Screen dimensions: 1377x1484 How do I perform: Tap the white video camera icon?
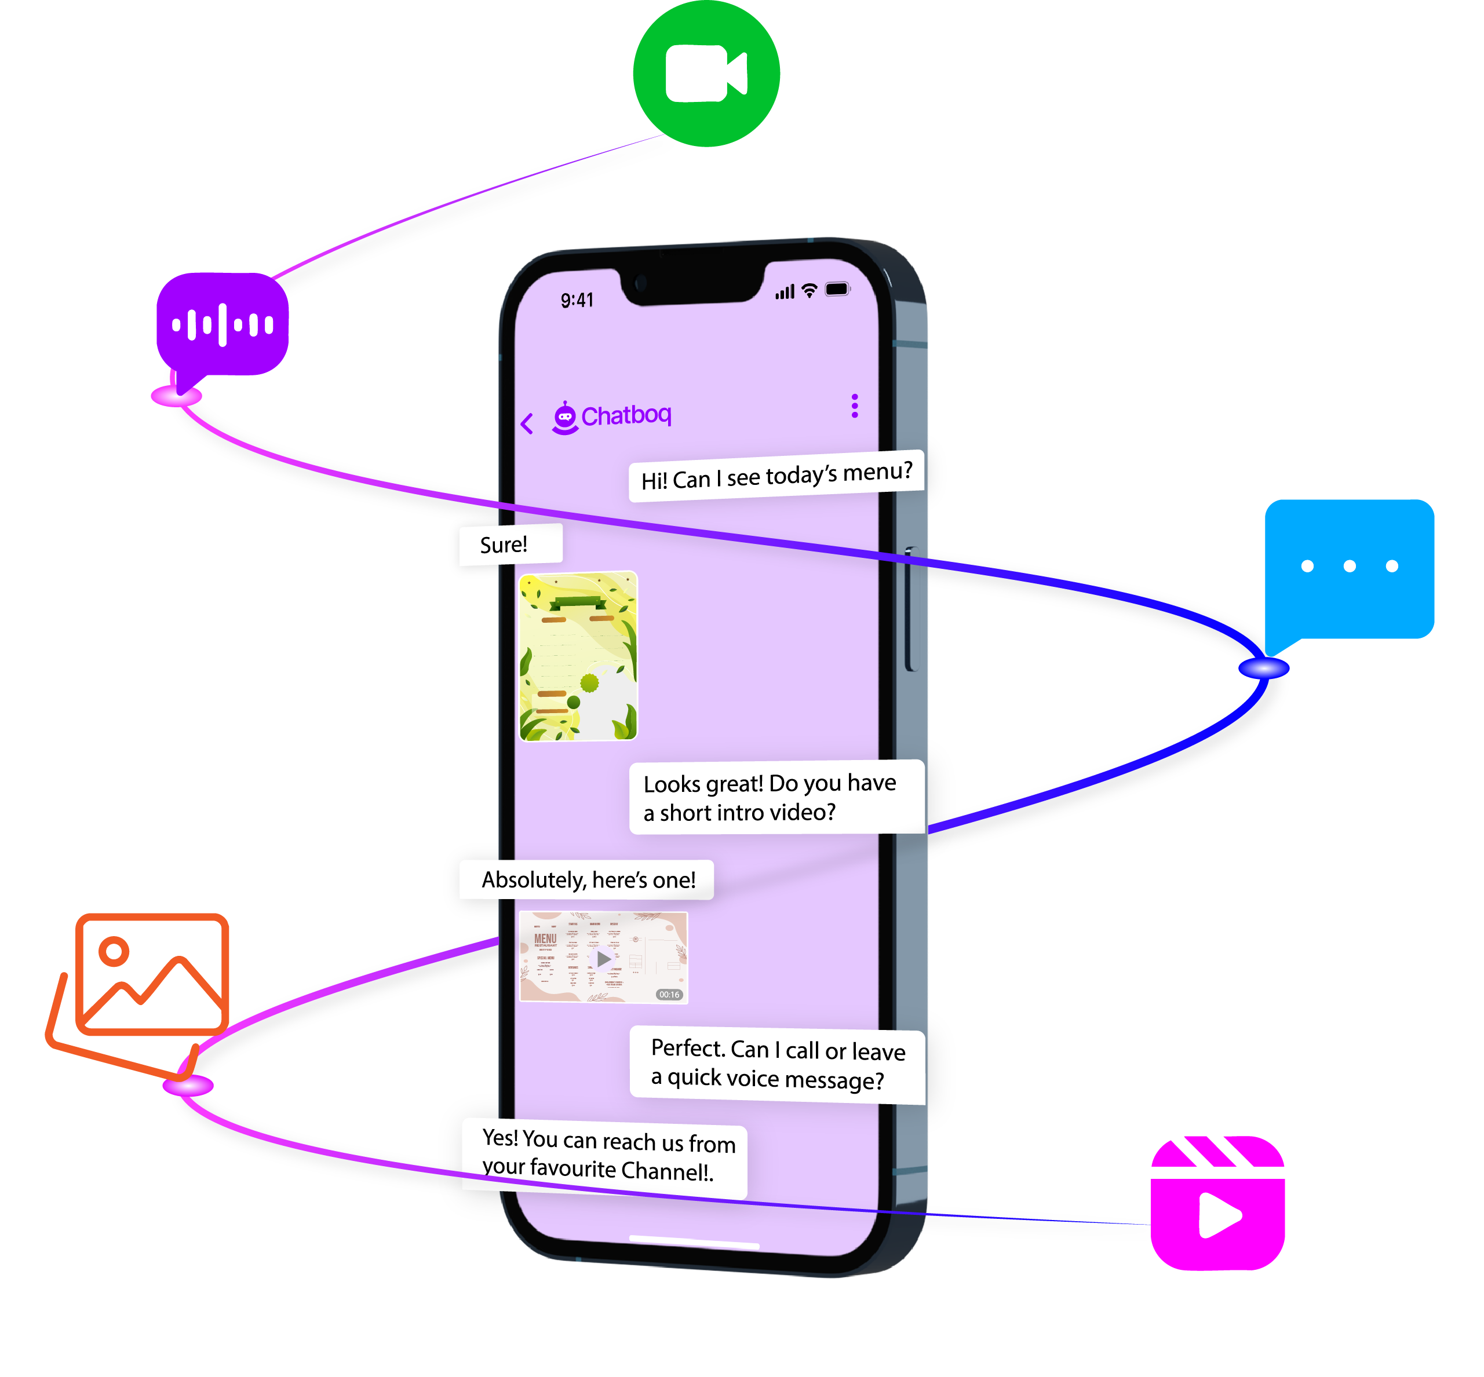705,73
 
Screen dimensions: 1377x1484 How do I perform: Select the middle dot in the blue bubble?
1349,567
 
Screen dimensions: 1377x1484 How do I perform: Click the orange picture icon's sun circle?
114,951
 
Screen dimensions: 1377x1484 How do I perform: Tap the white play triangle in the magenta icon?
1218,1215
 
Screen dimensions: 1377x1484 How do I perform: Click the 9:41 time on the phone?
577,300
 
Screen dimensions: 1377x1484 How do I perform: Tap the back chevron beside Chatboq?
527,423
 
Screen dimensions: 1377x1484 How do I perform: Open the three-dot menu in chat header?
854,406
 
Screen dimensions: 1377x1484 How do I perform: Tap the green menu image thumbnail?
578,656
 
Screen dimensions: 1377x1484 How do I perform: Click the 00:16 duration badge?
669,995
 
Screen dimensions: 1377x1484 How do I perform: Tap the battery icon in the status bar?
837,289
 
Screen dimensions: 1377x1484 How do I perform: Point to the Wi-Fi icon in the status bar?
810,291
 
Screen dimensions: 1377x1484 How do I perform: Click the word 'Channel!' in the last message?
666,1171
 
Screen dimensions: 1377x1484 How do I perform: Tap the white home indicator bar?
694,1242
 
